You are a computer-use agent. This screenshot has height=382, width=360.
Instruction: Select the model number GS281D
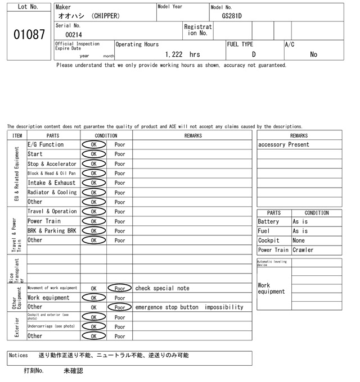click(x=232, y=16)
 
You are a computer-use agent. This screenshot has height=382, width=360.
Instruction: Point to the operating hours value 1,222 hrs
click(x=183, y=54)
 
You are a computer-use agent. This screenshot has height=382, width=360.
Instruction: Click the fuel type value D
click(x=254, y=54)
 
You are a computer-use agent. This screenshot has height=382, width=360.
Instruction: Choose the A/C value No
click(x=313, y=54)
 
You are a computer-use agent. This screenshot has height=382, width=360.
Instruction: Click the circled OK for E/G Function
click(x=93, y=144)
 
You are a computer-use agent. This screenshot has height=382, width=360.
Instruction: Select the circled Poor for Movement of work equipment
click(x=120, y=288)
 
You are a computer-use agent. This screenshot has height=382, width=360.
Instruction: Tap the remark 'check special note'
click(x=162, y=288)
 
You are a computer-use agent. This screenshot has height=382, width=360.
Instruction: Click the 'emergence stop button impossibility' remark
click(x=189, y=307)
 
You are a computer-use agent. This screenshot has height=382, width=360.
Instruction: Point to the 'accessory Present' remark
click(x=283, y=144)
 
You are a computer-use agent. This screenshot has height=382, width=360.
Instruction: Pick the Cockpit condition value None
click(x=301, y=240)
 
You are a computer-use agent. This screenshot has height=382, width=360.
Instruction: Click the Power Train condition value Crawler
click(x=303, y=250)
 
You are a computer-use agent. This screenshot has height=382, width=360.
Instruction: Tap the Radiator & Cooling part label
click(x=52, y=192)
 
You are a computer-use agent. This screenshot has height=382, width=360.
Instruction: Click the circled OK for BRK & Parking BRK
click(x=93, y=231)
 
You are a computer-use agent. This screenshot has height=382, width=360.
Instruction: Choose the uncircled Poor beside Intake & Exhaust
click(x=120, y=183)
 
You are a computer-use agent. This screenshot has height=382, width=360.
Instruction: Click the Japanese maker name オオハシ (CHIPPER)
click(x=89, y=16)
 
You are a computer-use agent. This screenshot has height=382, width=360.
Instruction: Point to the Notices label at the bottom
click(x=19, y=356)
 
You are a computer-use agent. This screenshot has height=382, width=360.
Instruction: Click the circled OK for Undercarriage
click(x=93, y=326)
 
